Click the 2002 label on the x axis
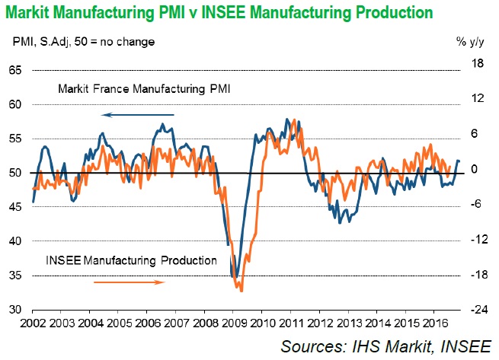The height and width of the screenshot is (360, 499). (x=33, y=323)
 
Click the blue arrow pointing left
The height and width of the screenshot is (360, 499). (x=138, y=115)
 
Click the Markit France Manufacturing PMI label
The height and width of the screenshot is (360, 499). (x=145, y=90)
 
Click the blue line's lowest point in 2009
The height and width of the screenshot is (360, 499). (x=235, y=278)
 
